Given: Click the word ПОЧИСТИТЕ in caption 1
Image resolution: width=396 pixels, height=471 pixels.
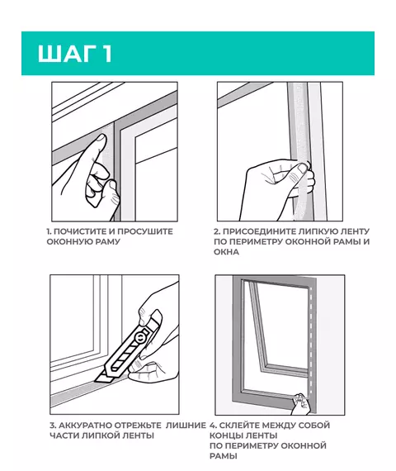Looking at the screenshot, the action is point(80,231).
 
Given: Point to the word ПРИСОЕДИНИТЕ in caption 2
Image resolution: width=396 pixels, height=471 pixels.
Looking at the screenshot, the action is point(260,231).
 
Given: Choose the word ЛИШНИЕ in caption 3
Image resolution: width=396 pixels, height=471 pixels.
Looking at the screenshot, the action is point(186,426).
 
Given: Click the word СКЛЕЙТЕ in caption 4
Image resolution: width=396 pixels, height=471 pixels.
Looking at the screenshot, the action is point(238,426).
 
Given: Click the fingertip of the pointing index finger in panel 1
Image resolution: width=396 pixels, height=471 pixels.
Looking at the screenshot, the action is point(101,138).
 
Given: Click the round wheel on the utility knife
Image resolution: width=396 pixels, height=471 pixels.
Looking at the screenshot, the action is point(139,338).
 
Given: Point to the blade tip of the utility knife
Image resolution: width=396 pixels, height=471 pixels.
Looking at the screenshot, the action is point(97,381).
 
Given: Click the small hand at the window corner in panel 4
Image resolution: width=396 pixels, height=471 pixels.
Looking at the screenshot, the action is point(300,403).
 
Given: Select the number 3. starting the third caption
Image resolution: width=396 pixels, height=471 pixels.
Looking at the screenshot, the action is point(53,426).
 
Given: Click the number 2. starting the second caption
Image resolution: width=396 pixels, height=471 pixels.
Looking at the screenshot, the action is point(217,231).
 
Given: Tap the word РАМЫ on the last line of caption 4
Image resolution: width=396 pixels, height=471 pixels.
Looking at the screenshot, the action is point(224,456).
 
